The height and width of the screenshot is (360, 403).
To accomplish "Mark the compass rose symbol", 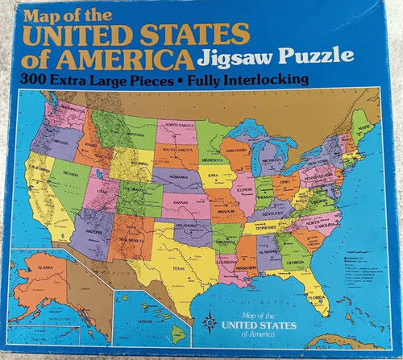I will pos(210,321).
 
